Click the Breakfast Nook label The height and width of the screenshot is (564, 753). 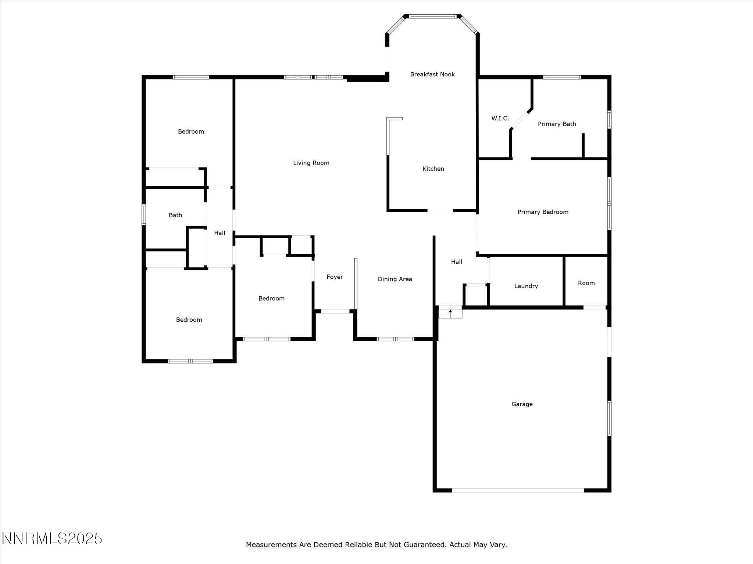click(x=432, y=75)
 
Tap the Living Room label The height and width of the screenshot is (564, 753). click(x=311, y=163)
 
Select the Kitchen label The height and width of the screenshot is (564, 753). click(x=433, y=169)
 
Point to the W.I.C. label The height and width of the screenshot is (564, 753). click(x=500, y=118)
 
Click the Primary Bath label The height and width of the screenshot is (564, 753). click(x=557, y=124)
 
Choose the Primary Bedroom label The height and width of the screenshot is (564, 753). click(x=543, y=212)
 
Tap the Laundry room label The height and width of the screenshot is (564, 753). click(x=526, y=286)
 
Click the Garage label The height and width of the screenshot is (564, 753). click(x=522, y=404)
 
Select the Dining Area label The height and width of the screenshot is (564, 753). click(x=395, y=279)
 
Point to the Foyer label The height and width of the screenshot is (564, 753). click(x=335, y=277)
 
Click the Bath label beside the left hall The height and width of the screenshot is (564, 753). click(x=175, y=215)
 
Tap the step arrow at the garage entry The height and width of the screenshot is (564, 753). click(x=450, y=312)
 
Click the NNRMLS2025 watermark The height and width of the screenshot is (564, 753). click(x=52, y=539)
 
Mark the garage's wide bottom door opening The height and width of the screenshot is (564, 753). click(x=518, y=490)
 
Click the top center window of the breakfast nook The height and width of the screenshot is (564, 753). click(x=433, y=16)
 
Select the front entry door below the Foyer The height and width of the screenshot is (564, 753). click(x=335, y=311)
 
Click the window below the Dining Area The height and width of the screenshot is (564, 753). click(x=395, y=339)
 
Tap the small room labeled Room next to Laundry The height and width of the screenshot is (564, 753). click(x=586, y=283)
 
